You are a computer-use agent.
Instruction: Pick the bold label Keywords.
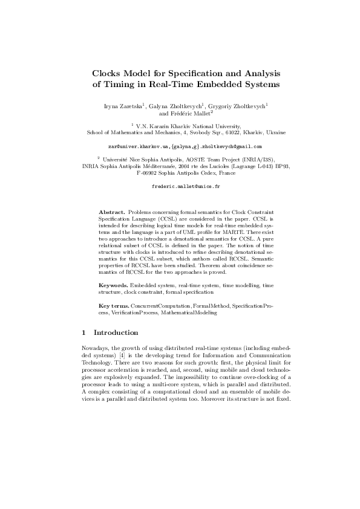(113, 284)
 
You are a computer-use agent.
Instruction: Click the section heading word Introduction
(117, 333)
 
